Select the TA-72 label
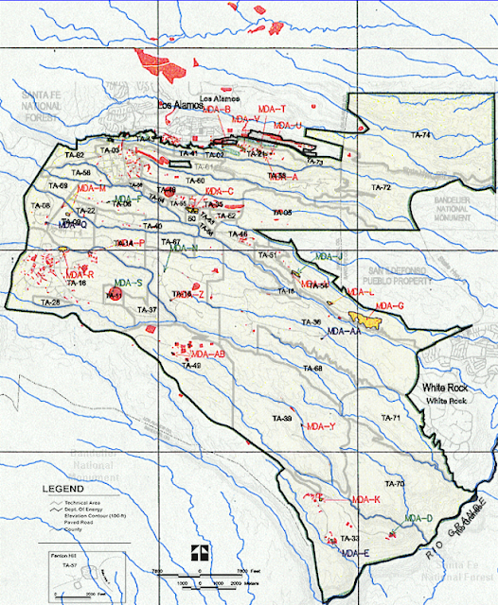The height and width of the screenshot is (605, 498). [381, 188]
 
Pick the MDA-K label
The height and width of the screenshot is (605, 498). [365, 499]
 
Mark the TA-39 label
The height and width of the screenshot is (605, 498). [280, 418]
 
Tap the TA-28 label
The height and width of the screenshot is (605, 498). [48, 302]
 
